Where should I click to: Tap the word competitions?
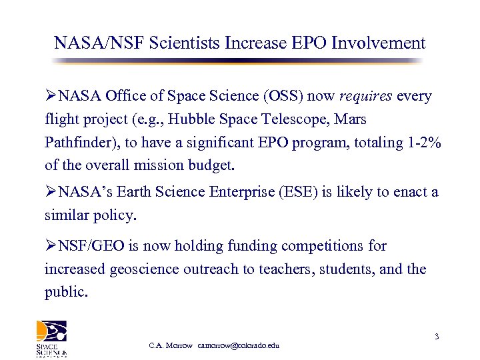coord(323,246)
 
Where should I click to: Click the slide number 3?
coord(436,337)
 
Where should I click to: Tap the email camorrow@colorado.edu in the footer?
coord(239,345)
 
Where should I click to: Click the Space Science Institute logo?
coord(51,339)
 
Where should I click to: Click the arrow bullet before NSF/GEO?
coord(51,246)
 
